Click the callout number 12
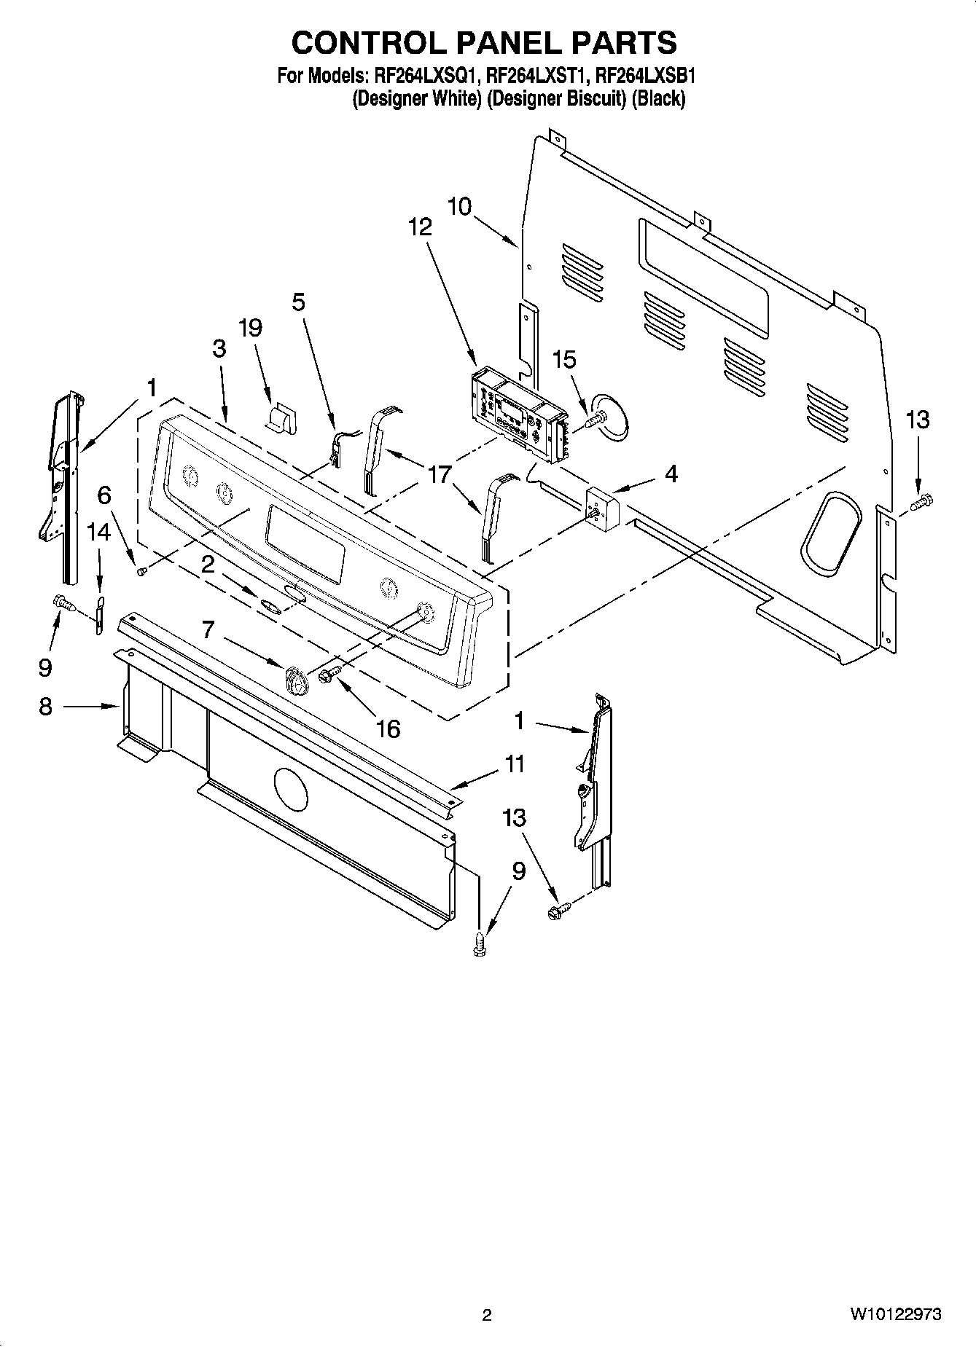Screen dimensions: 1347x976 click(x=420, y=227)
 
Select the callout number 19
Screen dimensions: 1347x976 click(x=250, y=328)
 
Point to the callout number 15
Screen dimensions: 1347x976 click(x=564, y=359)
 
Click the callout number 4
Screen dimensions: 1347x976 click(x=671, y=474)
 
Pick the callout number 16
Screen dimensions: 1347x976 click(x=389, y=728)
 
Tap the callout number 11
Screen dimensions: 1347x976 click(x=515, y=764)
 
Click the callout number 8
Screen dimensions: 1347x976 click(x=45, y=706)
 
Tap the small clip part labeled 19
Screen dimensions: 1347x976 click(x=281, y=420)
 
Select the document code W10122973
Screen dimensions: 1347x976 click(x=894, y=1314)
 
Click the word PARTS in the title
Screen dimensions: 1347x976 click(x=623, y=43)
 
